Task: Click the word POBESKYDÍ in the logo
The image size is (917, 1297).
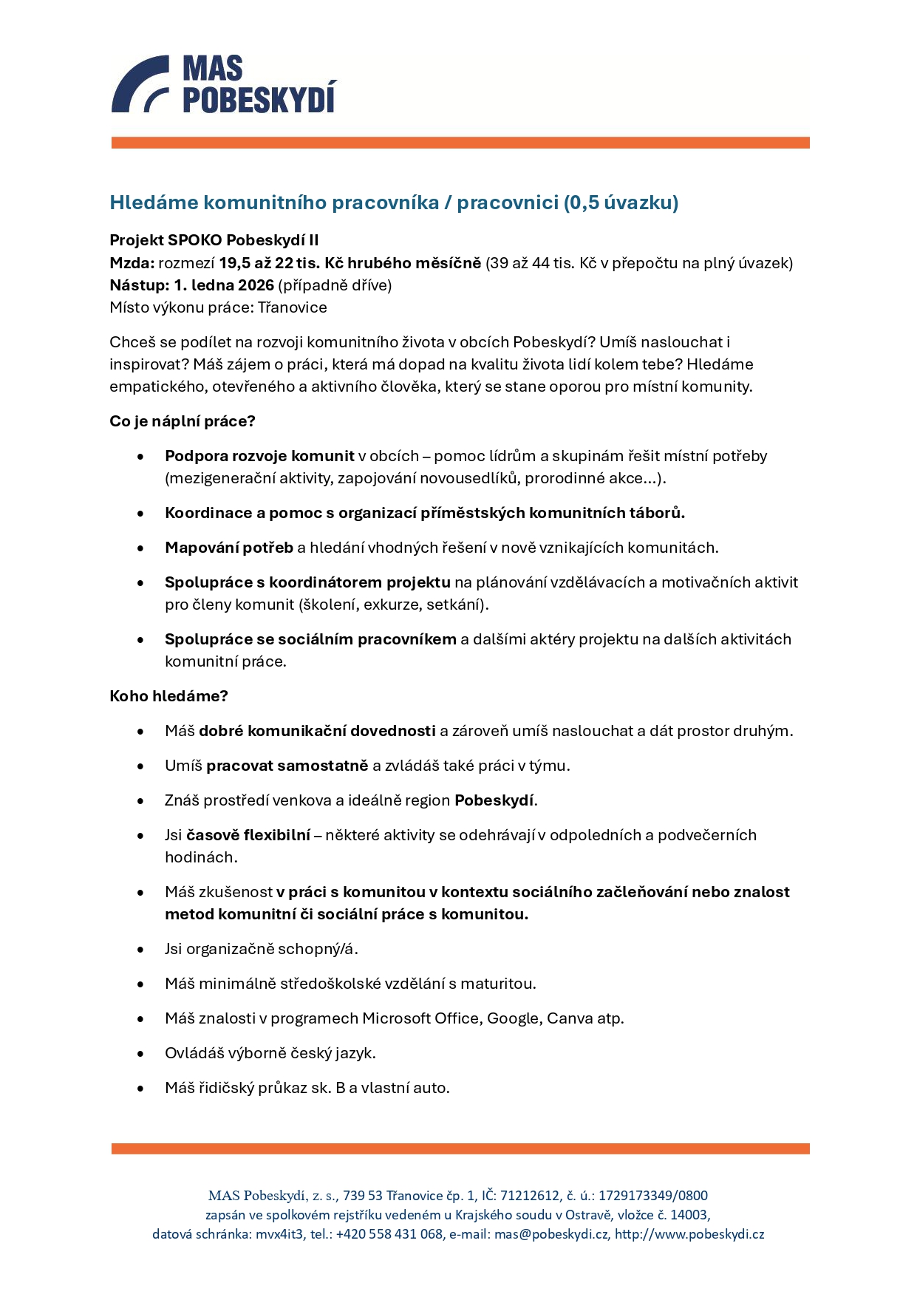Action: [x=259, y=98]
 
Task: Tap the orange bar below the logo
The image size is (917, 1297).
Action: [x=460, y=143]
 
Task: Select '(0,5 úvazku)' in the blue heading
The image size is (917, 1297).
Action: [x=621, y=202]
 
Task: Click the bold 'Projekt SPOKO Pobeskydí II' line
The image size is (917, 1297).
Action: [x=214, y=240]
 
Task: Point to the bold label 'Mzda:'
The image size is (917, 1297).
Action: [x=132, y=263]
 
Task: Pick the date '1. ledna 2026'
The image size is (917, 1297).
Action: [x=224, y=285]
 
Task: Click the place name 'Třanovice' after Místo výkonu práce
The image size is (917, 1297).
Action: [x=292, y=307]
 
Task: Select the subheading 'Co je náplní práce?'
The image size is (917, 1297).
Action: [x=182, y=421]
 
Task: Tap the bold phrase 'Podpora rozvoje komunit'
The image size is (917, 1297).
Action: [x=259, y=456]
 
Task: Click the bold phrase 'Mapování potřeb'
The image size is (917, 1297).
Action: [x=229, y=548]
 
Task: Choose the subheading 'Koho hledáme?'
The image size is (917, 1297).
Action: [x=168, y=696]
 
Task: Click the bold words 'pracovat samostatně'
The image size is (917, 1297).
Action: [x=287, y=766]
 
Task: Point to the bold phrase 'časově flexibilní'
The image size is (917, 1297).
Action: [x=248, y=835]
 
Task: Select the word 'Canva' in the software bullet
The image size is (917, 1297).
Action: [x=570, y=1018]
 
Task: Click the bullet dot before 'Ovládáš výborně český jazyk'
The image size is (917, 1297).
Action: [x=140, y=1054]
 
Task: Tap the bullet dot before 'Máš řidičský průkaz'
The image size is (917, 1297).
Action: [x=140, y=1089]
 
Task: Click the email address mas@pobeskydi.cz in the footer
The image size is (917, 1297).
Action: [x=551, y=1234]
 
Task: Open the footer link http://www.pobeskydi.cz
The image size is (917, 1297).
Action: [x=689, y=1234]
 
